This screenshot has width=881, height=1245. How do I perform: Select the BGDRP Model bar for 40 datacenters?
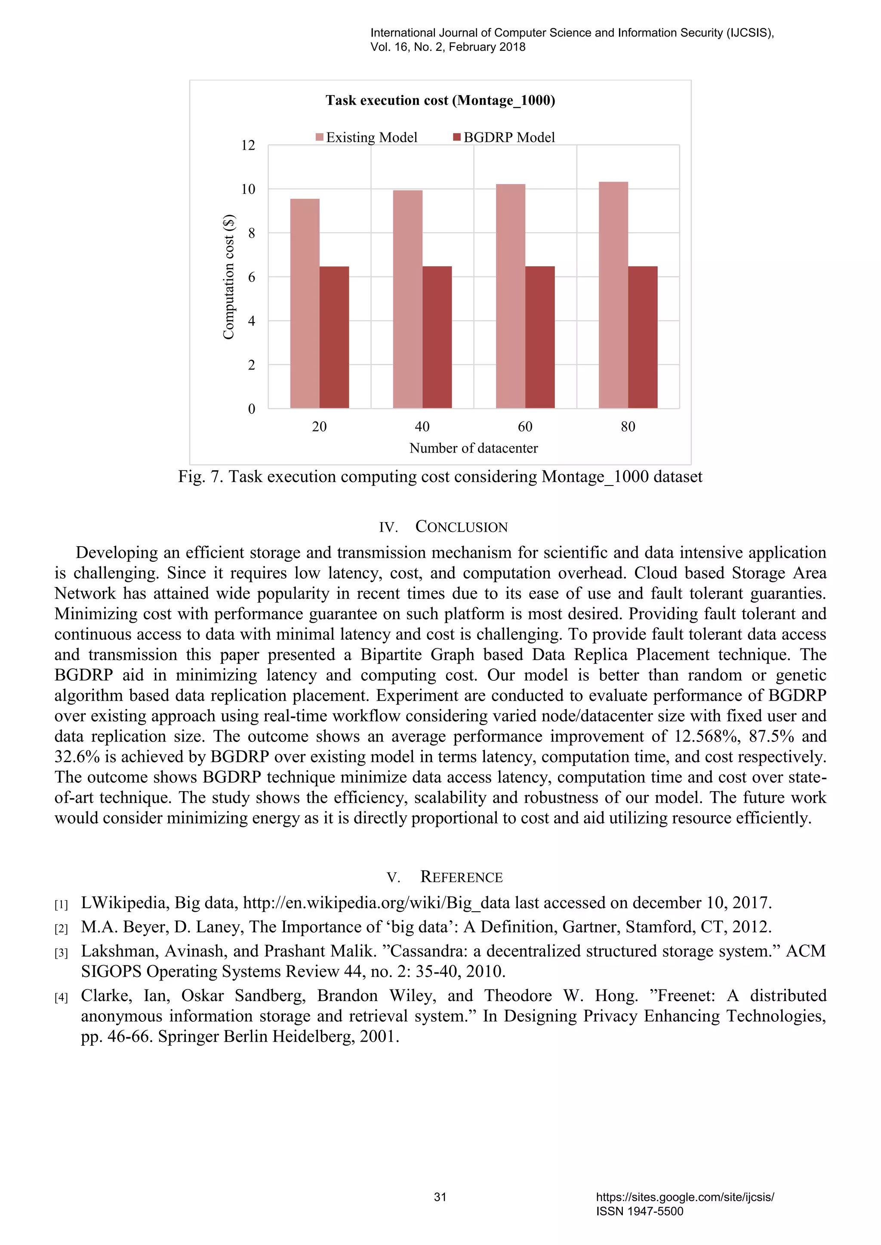437,337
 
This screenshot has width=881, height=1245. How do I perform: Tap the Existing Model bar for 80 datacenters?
613,295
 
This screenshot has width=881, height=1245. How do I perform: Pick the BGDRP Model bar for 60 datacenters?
540,337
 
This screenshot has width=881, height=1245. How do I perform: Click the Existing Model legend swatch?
320,137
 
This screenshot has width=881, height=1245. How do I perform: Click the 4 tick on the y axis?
251,321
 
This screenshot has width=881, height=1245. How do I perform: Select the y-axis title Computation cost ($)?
228,277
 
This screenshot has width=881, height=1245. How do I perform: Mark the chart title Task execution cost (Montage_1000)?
440,100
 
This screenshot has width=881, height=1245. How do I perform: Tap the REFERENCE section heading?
461,877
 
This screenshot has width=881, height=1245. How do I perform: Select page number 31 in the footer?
440,1197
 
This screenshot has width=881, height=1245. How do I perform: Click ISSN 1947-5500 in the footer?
639,1211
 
